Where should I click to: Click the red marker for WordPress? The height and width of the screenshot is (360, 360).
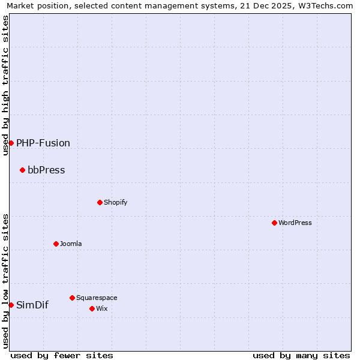point(274,223)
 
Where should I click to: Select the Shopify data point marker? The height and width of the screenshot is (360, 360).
point(100,202)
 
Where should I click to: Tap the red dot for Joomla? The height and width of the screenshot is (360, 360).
point(56,244)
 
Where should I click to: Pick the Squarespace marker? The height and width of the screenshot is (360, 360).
point(72,298)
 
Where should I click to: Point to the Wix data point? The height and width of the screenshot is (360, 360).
point(92,308)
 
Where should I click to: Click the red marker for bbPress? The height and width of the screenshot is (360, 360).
point(22,170)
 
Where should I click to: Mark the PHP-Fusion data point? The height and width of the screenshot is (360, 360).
point(11,143)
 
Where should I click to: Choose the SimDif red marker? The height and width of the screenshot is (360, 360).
point(11,305)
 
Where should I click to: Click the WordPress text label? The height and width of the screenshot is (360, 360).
point(295,223)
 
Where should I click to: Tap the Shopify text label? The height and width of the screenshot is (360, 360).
point(116,202)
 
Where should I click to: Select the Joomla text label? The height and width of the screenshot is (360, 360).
point(71,244)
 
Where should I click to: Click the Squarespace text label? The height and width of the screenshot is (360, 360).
point(97,298)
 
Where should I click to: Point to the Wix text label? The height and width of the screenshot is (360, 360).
point(101,308)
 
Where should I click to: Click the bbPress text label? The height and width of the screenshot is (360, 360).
point(46,170)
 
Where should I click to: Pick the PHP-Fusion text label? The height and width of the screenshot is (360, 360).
point(43,143)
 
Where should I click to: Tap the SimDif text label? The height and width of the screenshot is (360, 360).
point(32,305)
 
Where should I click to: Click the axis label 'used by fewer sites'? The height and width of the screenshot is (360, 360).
point(62,355)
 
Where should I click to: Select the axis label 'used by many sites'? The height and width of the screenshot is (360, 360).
point(301,355)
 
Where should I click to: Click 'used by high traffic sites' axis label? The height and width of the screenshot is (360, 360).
point(5,85)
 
